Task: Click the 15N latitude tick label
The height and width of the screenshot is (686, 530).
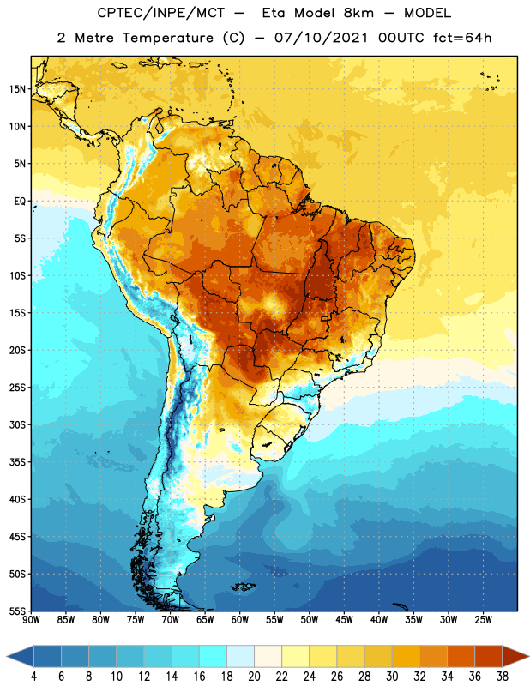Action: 17,89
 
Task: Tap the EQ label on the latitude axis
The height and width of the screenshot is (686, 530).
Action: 20,202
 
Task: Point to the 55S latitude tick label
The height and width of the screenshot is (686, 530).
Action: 17,611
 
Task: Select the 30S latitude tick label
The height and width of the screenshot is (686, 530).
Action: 17,424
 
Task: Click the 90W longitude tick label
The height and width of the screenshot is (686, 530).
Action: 31,619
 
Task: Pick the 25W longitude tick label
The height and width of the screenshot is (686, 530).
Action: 483,619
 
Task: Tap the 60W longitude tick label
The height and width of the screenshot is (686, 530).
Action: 240,619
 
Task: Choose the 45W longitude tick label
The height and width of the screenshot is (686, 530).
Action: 344,619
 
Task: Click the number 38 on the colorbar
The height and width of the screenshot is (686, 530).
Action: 503,677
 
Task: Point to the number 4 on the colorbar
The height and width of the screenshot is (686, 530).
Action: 33,677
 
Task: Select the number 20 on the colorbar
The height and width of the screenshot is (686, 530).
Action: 254,677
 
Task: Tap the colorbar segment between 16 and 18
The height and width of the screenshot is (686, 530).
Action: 214,656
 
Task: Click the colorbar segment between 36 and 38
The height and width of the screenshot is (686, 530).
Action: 489,656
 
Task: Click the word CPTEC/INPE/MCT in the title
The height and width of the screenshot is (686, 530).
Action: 161,13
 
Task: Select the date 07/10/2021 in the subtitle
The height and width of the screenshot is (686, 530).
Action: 322,38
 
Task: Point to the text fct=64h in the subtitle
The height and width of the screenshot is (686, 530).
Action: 462,38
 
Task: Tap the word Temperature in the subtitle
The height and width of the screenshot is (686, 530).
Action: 167,39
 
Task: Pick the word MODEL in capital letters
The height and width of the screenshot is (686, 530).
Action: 428,13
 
